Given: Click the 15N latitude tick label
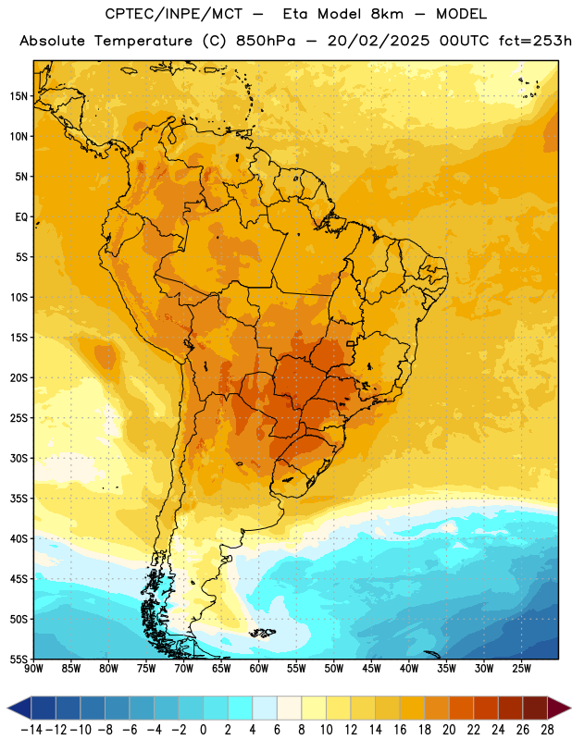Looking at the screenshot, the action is click(19, 96).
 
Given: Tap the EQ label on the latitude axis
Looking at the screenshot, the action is click(21, 217).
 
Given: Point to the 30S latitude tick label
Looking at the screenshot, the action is click(19, 458).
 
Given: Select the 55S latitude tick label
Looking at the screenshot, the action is click(19, 660).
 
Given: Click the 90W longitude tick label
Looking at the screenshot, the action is click(34, 668).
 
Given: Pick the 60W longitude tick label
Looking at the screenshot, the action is click(259, 668).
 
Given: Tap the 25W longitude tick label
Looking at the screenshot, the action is click(521, 668).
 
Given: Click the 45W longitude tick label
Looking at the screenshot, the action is click(371, 668).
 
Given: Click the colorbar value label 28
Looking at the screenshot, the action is click(547, 730).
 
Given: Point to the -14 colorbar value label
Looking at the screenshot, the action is click(32, 730).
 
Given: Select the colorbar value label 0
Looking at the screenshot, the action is click(203, 730).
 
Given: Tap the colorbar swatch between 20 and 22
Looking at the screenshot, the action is click(462, 708).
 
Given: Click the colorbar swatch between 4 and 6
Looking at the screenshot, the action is click(265, 708).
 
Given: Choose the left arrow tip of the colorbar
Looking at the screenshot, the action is click(7, 708).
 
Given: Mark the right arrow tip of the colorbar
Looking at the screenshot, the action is click(571, 708).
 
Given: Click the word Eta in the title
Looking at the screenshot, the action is click(295, 14).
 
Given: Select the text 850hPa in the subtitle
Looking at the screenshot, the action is click(266, 41).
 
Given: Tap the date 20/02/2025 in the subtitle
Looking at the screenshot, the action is click(379, 41).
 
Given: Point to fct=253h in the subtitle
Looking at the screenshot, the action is click(535, 41).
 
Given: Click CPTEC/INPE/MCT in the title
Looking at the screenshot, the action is click(173, 14).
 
